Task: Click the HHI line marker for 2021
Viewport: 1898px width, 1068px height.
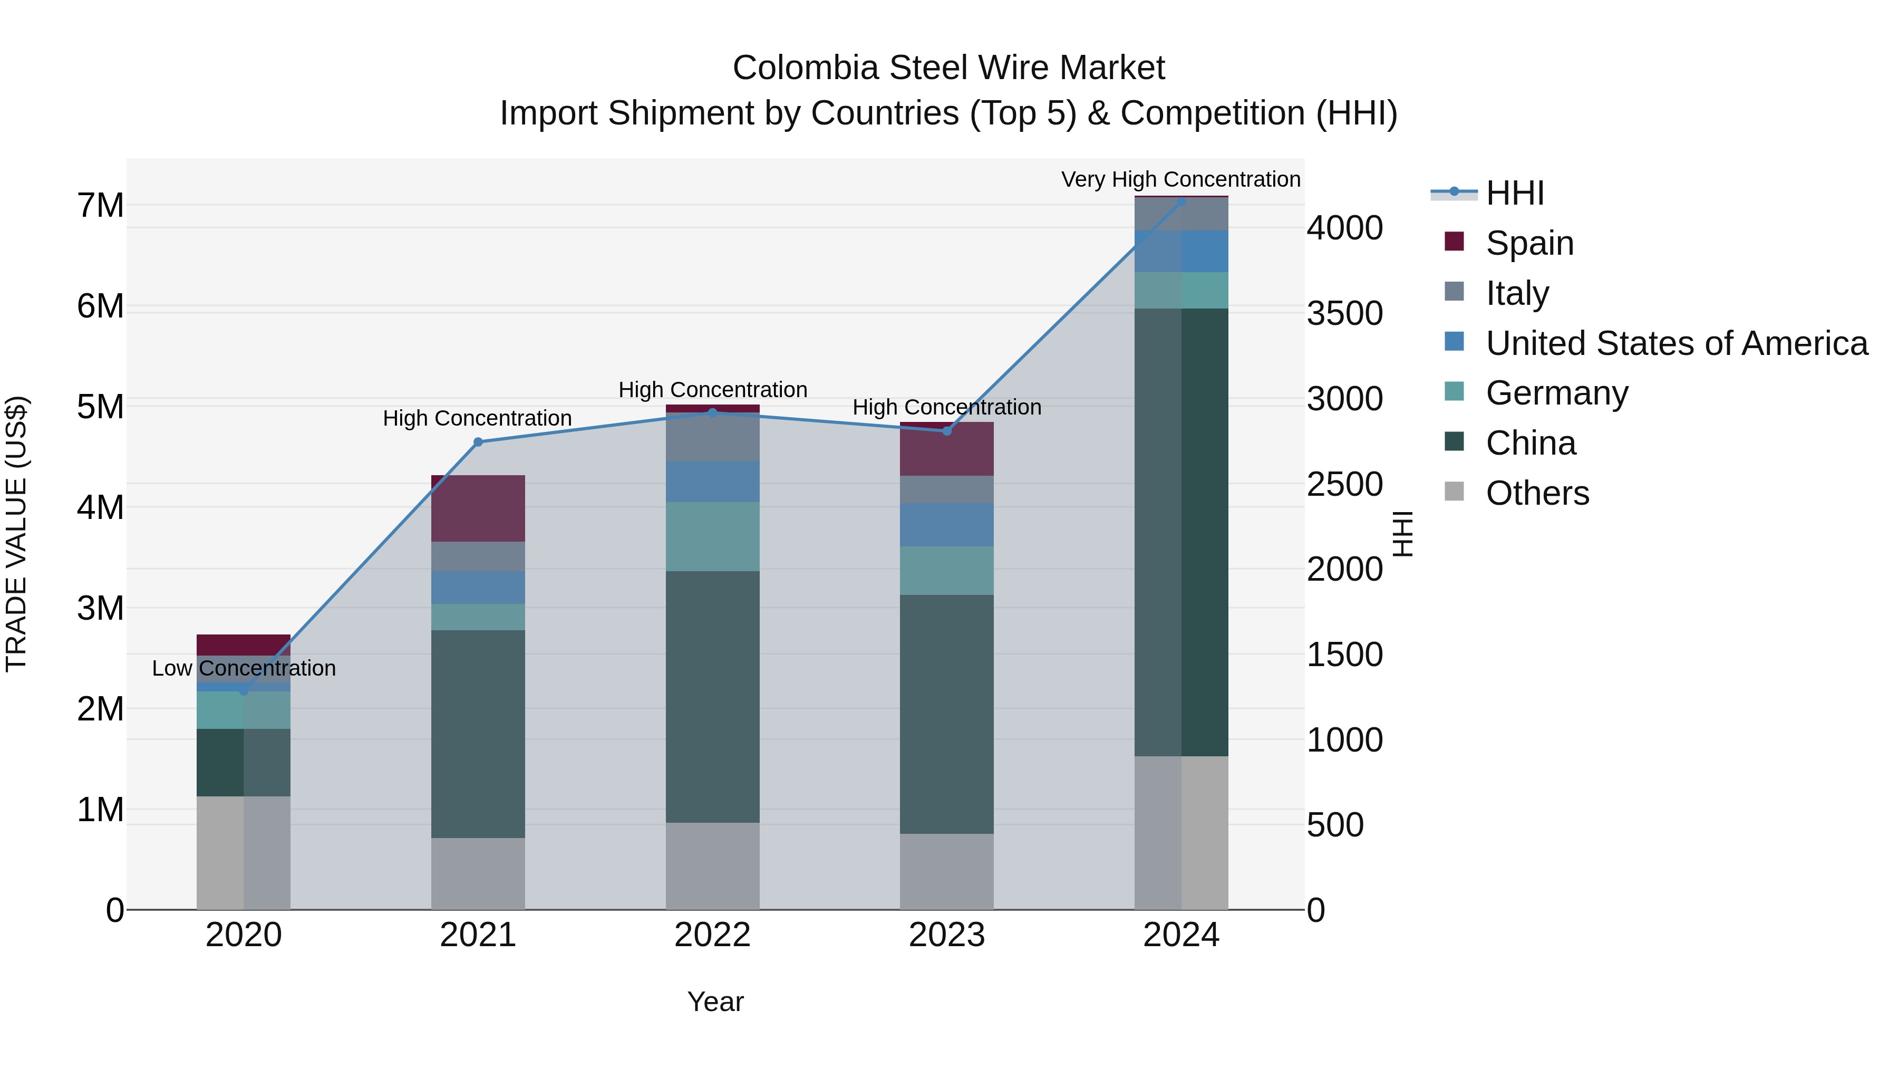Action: pos(478,442)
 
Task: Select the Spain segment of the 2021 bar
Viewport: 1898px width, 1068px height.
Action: pos(478,508)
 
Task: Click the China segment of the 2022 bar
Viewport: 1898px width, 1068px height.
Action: pos(712,697)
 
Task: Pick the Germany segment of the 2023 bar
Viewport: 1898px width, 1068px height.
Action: pos(947,571)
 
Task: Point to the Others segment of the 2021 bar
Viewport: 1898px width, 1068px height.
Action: pos(478,873)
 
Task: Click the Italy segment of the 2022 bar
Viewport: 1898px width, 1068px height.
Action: pos(712,439)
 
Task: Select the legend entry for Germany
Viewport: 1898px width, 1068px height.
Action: pos(1556,393)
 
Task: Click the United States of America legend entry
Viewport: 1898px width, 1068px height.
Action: pos(1676,343)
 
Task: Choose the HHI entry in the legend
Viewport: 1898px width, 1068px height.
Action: pos(1514,193)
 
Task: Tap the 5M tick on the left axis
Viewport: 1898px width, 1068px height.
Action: pos(100,407)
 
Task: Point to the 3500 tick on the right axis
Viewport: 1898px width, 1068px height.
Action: pos(1344,313)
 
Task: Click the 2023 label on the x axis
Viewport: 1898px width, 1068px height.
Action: pos(947,935)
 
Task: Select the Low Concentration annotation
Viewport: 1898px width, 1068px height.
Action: pos(244,669)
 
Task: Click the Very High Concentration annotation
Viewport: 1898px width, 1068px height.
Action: pos(1180,179)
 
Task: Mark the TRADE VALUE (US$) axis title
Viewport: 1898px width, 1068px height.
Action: pos(16,534)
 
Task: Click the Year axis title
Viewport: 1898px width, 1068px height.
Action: pos(715,1002)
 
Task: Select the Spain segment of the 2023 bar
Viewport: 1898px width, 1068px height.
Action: pos(947,449)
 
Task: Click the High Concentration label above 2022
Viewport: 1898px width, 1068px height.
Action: pos(712,389)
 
